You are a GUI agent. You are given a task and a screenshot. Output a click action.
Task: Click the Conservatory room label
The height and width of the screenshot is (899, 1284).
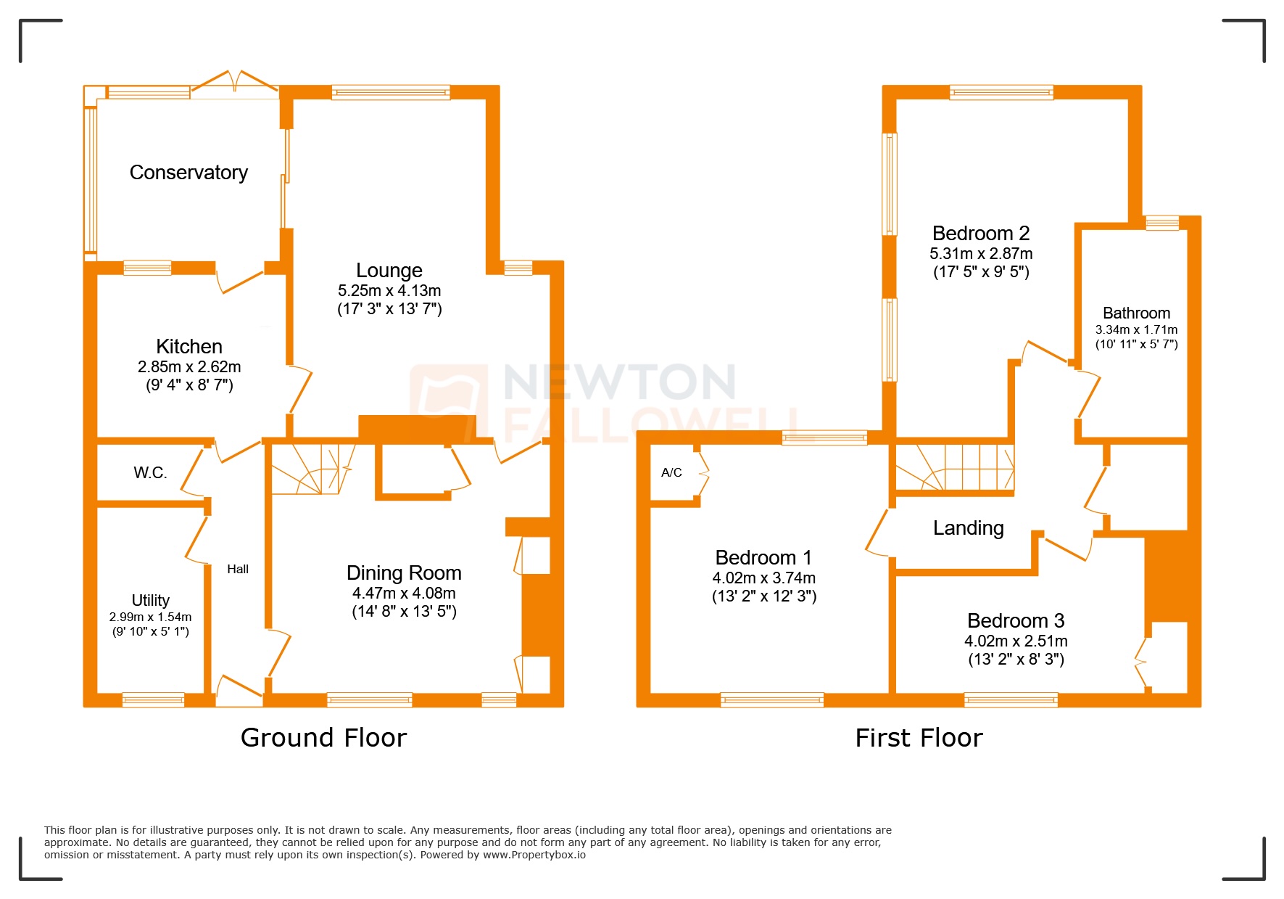click(x=189, y=173)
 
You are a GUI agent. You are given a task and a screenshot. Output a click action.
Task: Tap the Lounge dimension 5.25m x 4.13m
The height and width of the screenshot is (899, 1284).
click(x=389, y=291)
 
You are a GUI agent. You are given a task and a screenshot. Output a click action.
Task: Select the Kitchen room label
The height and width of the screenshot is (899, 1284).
click(x=189, y=347)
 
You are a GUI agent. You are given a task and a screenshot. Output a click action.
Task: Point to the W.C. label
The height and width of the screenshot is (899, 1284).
click(x=150, y=473)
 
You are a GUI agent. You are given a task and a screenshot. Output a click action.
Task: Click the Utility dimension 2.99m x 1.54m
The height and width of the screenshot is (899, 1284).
click(x=150, y=617)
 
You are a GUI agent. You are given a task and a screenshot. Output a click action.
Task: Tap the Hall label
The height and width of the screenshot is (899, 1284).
click(x=238, y=570)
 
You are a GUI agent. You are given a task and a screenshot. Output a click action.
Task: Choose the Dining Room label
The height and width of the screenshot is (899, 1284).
click(x=404, y=573)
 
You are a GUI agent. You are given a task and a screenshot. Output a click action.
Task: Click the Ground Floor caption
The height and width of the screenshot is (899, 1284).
click(x=323, y=738)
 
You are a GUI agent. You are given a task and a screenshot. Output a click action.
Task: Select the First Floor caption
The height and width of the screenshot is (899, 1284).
click(x=919, y=738)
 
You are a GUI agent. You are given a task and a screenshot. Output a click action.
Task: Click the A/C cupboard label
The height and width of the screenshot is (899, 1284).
click(x=671, y=473)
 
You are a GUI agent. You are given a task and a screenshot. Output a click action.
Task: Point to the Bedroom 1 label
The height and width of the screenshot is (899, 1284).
click(x=763, y=558)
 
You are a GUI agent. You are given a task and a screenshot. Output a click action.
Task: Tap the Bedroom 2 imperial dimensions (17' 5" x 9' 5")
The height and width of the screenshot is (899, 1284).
click(x=981, y=272)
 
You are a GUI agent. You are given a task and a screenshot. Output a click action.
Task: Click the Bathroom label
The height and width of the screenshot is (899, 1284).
click(x=1136, y=313)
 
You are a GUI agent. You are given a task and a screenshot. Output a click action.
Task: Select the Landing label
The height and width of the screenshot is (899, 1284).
click(x=968, y=528)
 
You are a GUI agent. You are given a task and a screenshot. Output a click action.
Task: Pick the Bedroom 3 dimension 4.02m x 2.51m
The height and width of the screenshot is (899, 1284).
click(x=1016, y=641)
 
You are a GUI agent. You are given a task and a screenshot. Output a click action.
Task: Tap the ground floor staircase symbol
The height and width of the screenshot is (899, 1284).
click(x=312, y=469)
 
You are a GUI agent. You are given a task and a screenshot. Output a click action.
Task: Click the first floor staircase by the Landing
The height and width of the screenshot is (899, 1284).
click(x=954, y=468)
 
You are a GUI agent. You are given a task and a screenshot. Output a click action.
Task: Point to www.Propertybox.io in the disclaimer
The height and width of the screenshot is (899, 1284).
click(x=534, y=855)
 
